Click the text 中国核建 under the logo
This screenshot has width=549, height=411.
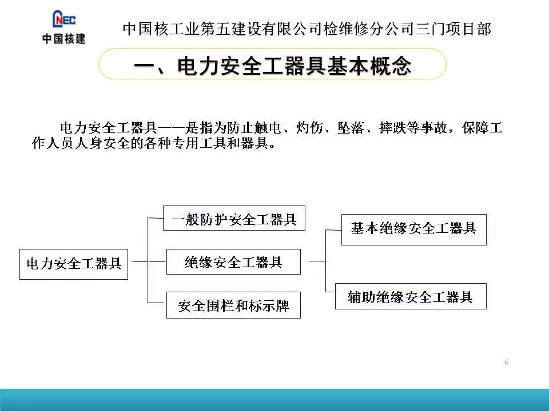(63, 39)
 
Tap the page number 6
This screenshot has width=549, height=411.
(507, 362)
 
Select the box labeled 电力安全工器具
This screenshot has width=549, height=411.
(74, 264)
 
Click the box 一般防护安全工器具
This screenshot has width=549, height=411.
(234, 218)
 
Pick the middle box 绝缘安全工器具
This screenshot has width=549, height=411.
(233, 262)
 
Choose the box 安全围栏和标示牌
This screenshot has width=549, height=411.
(233, 305)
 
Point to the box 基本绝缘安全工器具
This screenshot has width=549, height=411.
(413, 229)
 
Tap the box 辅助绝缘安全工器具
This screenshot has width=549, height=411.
(410, 296)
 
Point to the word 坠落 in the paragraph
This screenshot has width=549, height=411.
(349, 128)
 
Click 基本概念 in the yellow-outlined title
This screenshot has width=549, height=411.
(369, 66)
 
